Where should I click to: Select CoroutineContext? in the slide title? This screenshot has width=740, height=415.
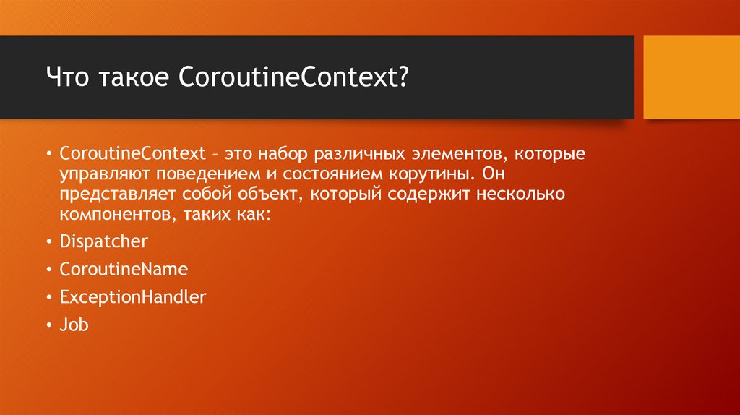click(x=293, y=77)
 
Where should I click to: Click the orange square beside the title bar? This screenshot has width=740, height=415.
click(x=691, y=77)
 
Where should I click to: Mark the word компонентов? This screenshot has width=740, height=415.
click(x=105, y=215)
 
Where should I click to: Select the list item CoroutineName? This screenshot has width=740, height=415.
click(x=124, y=270)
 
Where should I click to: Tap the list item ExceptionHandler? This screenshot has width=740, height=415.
click(x=133, y=296)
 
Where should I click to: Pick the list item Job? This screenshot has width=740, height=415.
click(x=74, y=325)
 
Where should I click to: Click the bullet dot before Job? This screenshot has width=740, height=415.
click(x=48, y=325)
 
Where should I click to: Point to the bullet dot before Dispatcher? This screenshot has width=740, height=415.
click(x=48, y=242)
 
